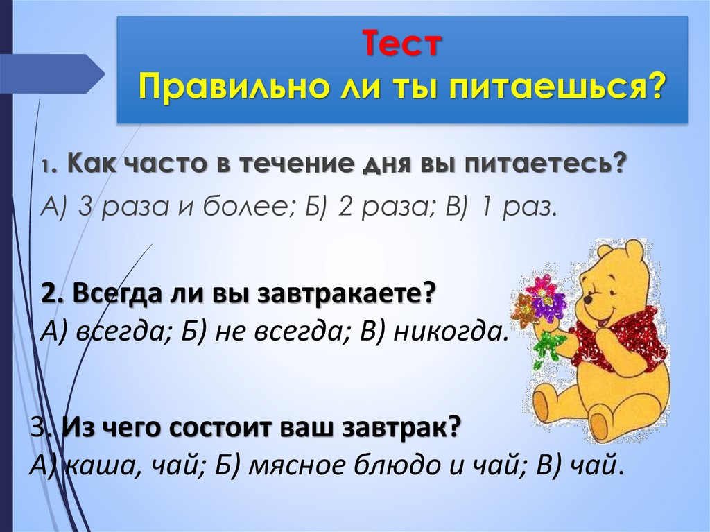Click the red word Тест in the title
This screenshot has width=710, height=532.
[x=401, y=46]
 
